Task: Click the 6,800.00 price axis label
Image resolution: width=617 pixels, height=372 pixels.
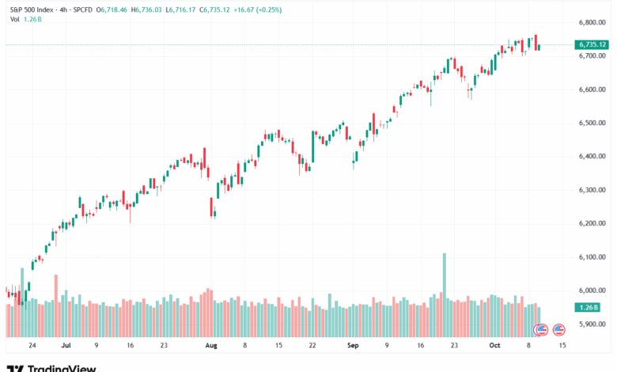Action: (x=592, y=22)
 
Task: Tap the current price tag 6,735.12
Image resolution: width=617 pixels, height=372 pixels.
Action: (x=592, y=45)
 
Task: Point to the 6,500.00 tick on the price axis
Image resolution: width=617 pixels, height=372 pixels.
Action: (x=592, y=123)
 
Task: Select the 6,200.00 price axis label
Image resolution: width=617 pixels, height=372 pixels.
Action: (x=592, y=223)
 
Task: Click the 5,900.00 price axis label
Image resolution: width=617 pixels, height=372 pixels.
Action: (x=592, y=324)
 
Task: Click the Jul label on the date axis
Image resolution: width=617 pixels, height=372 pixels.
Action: (x=66, y=346)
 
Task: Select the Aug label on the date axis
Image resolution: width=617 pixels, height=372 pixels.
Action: (x=211, y=346)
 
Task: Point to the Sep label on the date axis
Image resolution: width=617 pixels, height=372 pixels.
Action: (x=353, y=346)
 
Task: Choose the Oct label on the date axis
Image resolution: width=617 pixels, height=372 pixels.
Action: (x=494, y=346)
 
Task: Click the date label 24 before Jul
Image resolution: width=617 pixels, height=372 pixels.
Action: (x=32, y=346)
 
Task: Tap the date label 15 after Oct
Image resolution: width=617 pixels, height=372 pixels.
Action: (x=562, y=346)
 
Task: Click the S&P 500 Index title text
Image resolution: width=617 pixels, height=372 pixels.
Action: (x=33, y=9)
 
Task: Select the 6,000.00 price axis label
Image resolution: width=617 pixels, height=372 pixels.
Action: (x=592, y=290)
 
